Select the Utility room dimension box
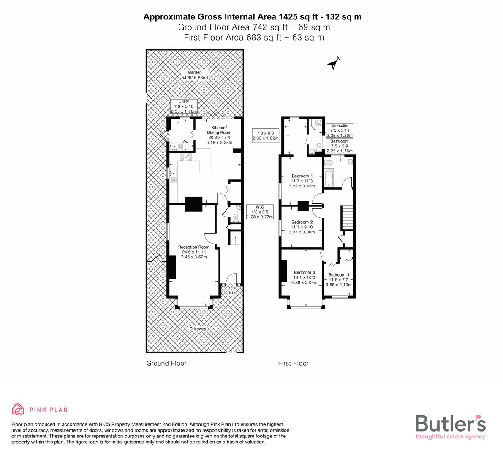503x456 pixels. click(x=184, y=106)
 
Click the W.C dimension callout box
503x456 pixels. click(x=260, y=212)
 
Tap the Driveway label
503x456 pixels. click(x=197, y=329)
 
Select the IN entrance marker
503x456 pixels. click(x=231, y=293)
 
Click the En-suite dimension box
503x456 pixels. click(x=339, y=130)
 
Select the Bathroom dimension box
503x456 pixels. click(x=339, y=146)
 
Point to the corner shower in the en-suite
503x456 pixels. click(x=316, y=124)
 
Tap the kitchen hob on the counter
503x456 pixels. click(x=186, y=157)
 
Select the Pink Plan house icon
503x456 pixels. click(x=18, y=410)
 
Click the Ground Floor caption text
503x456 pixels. click(x=166, y=363)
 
